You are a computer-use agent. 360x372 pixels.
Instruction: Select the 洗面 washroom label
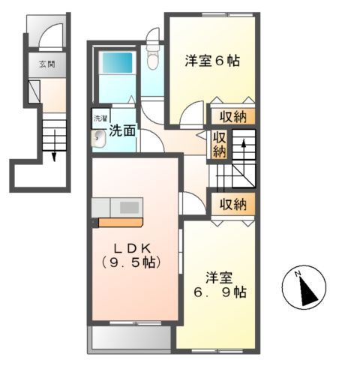123,130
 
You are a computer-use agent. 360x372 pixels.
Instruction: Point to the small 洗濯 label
100,118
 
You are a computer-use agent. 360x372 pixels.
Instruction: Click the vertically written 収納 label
218,143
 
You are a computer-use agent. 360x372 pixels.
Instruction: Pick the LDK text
136,247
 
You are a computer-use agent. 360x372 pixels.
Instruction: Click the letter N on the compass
298,273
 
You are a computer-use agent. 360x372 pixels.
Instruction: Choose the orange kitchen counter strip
120,222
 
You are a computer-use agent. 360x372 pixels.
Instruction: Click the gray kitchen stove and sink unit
118,205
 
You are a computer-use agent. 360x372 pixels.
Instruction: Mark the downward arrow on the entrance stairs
55,150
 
